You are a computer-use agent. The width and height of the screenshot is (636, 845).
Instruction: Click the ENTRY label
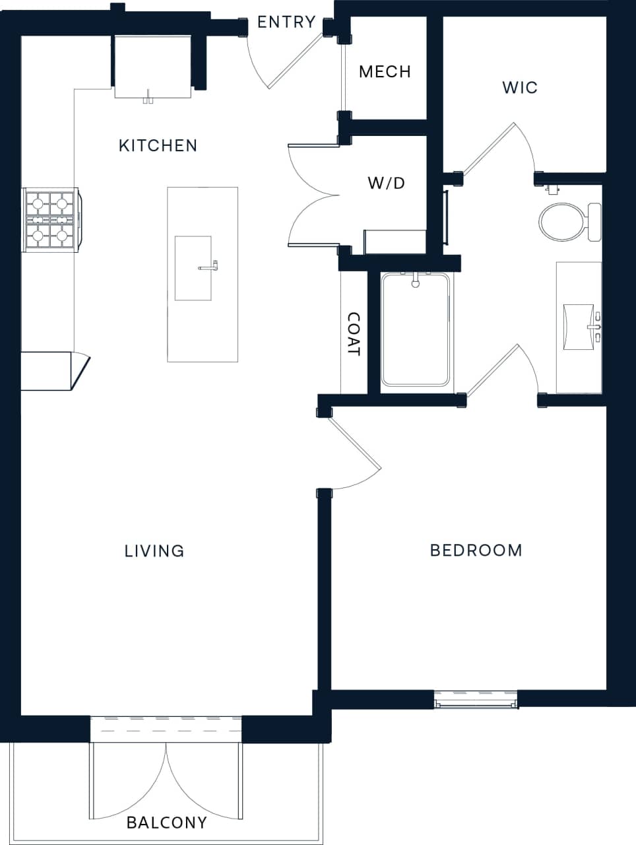pyautogui.click(x=286, y=22)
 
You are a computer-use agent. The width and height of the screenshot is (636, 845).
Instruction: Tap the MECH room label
pyautogui.click(x=385, y=71)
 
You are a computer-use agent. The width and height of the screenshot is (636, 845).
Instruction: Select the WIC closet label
pyautogui.click(x=519, y=87)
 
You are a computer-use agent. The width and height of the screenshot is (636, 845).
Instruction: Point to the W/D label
pyautogui.click(x=386, y=183)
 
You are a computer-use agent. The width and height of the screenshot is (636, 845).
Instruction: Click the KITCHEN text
pyautogui.click(x=158, y=145)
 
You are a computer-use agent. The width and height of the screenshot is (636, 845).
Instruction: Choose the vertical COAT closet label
pyautogui.click(x=354, y=334)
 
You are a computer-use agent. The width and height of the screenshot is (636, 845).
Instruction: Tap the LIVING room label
pyautogui.click(x=154, y=551)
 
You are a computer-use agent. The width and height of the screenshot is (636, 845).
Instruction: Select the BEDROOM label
pyautogui.click(x=476, y=550)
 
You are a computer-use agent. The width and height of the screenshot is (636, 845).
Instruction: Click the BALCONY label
pyautogui.click(x=166, y=823)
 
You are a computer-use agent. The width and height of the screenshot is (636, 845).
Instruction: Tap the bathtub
pyautogui.click(x=415, y=330)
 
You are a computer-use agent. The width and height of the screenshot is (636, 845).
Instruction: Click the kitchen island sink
pyautogui.click(x=193, y=268)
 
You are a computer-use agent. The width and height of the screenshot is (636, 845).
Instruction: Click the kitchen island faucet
pyautogui.click(x=209, y=267)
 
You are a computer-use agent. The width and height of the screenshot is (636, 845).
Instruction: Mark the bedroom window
pyautogui.click(x=475, y=700)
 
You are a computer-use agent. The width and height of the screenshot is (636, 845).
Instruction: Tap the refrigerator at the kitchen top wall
pyautogui.click(x=153, y=66)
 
